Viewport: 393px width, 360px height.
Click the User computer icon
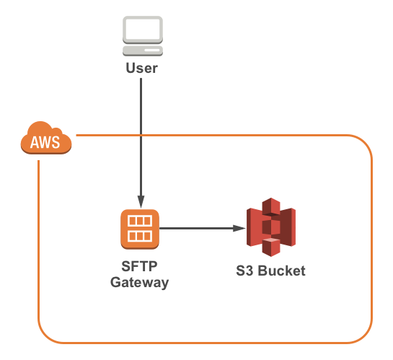pos(143,36)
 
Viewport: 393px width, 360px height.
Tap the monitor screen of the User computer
pos(143,30)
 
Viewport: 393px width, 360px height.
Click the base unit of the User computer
pos(143,51)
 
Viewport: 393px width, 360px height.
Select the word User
pos(142,68)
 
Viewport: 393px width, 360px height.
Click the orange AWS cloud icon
pos(46,138)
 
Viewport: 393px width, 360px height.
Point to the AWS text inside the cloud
pos(45,142)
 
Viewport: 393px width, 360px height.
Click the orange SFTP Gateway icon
pos(140,229)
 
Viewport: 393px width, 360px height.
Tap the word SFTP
pos(139,266)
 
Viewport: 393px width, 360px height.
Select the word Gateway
pos(140,283)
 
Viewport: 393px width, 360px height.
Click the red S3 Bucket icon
pos(271,227)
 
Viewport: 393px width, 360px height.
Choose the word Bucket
pos(282,271)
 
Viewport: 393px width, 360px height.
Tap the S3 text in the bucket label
pos(244,271)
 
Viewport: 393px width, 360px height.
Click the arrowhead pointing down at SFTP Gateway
pos(141,202)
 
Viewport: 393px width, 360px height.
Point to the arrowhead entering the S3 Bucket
pos(239,229)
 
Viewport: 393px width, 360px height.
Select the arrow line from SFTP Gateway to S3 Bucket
pos(203,229)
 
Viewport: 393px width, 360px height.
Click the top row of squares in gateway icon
pos(140,221)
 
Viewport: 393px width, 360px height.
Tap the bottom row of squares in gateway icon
pos(140,236)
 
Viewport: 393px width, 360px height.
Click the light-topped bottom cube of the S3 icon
pos(271,247)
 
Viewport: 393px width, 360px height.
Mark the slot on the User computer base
pos(152,50)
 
